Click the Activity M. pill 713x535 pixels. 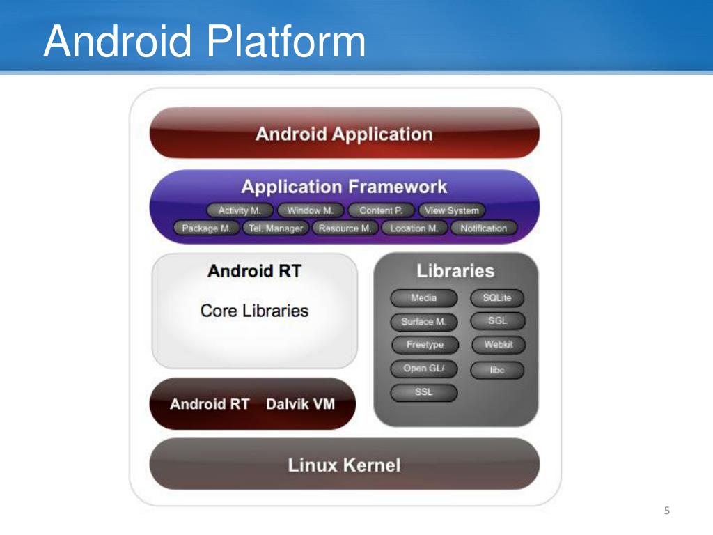[240, 210]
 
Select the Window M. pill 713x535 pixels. [310, 210]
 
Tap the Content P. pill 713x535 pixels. [381, 210]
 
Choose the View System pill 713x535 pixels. [452, 210]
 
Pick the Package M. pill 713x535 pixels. [206, 228]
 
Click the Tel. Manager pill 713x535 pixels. [276, 228]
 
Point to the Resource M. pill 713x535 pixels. [345, 228]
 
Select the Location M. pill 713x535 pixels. [414, 228]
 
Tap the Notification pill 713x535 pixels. [483, 228]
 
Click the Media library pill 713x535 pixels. [423, 298]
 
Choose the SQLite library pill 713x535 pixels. [497, 298]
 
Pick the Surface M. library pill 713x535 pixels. [423, 322]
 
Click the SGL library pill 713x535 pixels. [497, 321]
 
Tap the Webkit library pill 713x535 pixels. [497, 345]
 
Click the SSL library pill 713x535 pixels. [423, 392]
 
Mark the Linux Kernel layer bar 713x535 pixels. [345, 465]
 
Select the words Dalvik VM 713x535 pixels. [300, 404]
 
